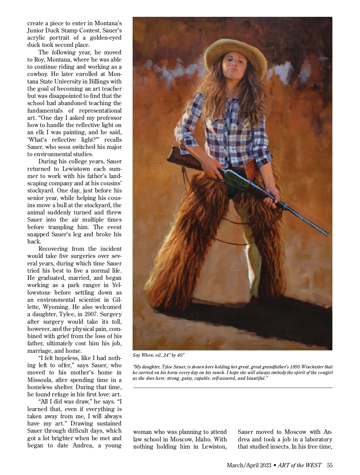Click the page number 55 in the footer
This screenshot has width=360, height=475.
(x=330, y=465)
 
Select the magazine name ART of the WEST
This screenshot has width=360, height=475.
(x=299, y=465)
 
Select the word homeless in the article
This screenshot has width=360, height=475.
(x=41, y=387)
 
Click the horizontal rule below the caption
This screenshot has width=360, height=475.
(x=232, y=388)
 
